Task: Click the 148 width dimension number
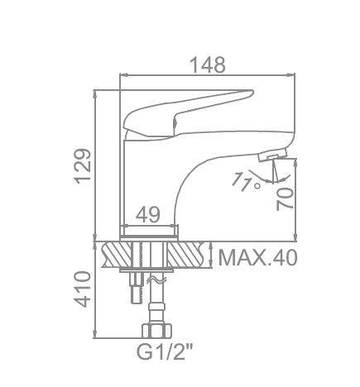tap(208, 65)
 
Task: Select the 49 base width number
tap(148, 214)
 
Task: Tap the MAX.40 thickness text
tap(258, 258)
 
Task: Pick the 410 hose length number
tap(83, 289)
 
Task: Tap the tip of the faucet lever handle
tap(252, 91)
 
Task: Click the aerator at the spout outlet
tap(272, 155)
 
